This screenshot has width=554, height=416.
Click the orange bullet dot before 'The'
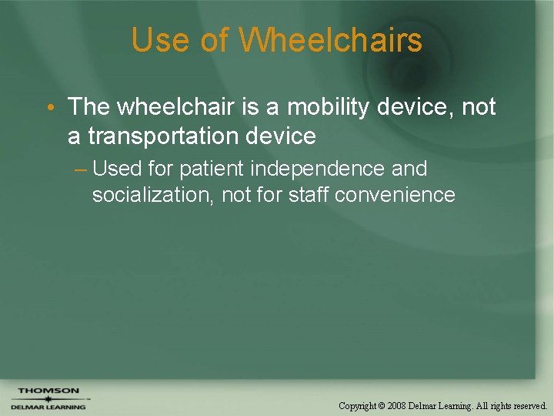click(50, 107)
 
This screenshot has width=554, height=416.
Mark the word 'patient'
click(212, 169)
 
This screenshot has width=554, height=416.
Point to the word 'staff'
click(311, 195)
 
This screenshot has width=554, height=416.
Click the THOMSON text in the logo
click(48, 391)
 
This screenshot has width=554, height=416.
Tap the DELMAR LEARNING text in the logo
click(48, 407)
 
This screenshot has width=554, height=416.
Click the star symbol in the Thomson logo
click(48, 399)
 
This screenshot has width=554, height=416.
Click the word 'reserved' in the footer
click(529, 405)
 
